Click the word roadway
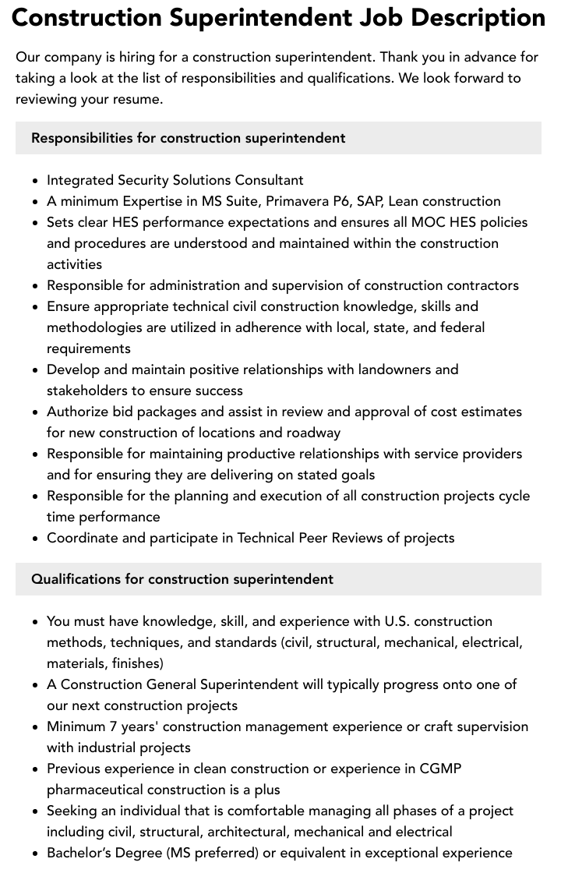point(313,433)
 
